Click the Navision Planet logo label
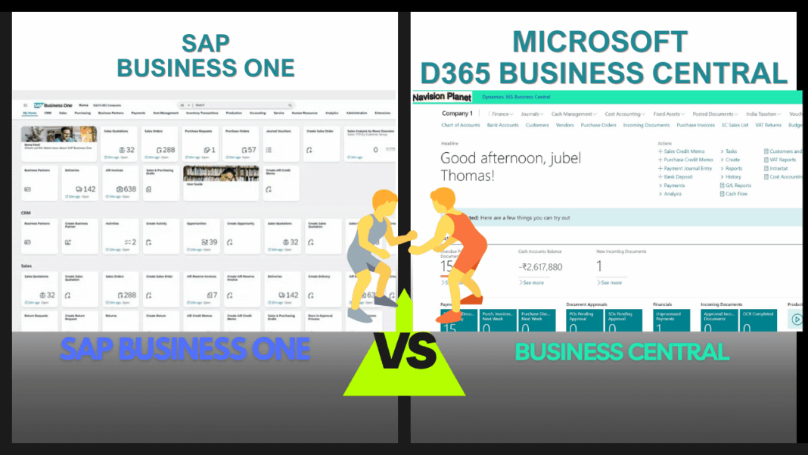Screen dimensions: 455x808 442,97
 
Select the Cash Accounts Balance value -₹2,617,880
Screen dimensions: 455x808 540,266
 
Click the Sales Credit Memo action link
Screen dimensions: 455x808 682,151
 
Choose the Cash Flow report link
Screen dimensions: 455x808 735,194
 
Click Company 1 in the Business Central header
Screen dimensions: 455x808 458,114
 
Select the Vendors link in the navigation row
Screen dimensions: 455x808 565,125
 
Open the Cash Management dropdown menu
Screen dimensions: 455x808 573,114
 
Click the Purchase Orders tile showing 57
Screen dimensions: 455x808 241,144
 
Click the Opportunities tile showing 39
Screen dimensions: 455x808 200,236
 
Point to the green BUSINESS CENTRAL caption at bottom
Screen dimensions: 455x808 622,351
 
